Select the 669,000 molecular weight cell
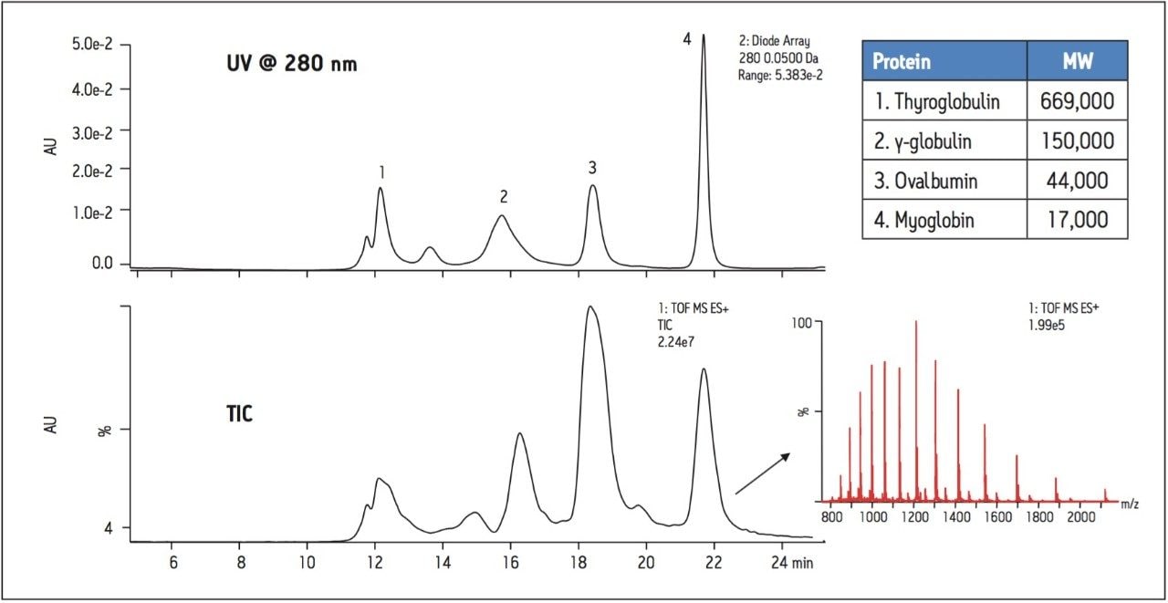tap(1077, 101)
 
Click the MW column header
tap(1077, 61)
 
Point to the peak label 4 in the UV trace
tap(686, 39)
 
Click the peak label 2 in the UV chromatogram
tap(503, 196)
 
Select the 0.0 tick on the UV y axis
tap(105, 264)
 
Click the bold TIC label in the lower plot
tap(240, 413)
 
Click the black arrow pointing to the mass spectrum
tap(761, 474)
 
